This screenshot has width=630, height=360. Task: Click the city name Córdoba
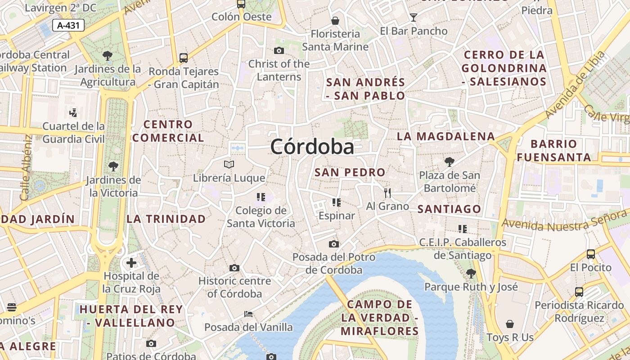tap(312, 147)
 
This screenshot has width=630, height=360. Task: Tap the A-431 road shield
tap(68, 25)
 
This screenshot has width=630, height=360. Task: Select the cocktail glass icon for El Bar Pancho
tap(414, 18)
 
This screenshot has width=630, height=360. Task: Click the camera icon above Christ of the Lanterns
tap(279, 50)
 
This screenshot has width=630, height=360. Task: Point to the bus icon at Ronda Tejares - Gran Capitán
tap(184, 58)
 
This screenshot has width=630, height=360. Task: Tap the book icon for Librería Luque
tap(229, 165)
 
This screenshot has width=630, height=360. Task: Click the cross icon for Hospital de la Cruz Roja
tap(131, 262)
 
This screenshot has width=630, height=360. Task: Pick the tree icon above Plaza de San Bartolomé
tap(449, 162)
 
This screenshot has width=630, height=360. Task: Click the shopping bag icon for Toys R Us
tap(510, 324)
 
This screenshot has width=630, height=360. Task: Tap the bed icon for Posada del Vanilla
tap(248, 314)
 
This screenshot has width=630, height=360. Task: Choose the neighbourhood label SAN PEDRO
tap(350, 172)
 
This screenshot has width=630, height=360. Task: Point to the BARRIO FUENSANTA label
tap(553, 151)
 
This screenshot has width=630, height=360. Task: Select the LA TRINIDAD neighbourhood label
tap(166, 219)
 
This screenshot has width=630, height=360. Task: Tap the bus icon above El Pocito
tap(591, 254)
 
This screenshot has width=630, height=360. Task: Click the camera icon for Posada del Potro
tap(333, 244)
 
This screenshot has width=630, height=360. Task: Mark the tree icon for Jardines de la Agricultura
tap(108, 56)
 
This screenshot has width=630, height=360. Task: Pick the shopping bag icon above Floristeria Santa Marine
tap(335, 21)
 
